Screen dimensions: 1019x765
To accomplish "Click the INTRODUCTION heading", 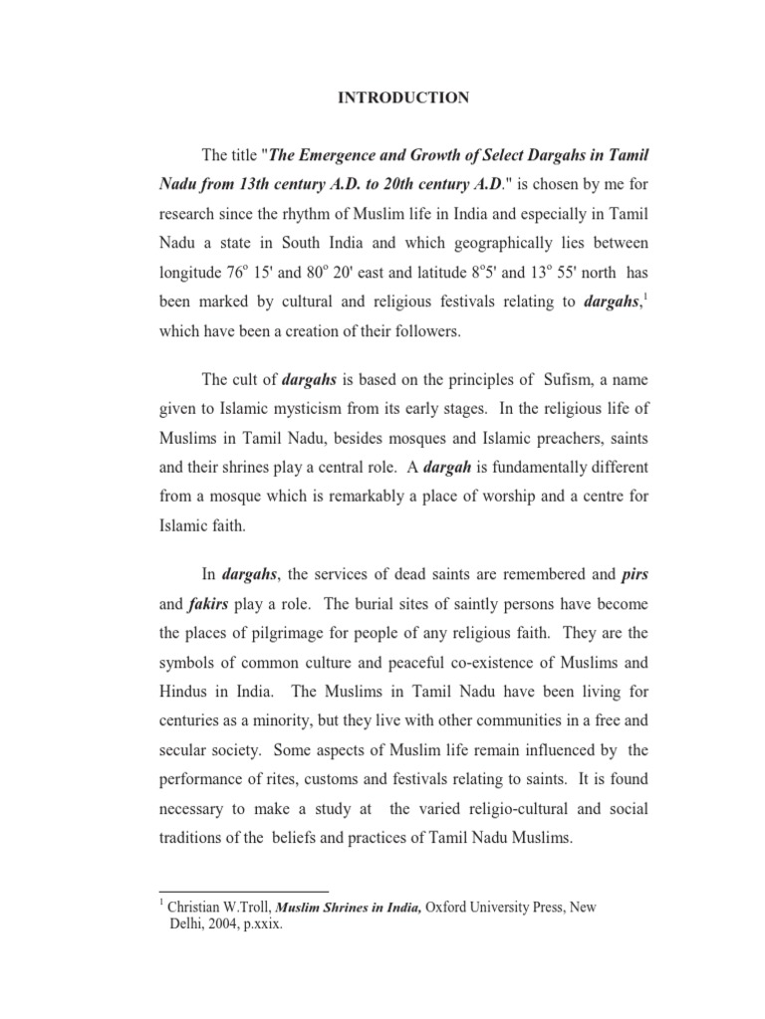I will tap(403, 98).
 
